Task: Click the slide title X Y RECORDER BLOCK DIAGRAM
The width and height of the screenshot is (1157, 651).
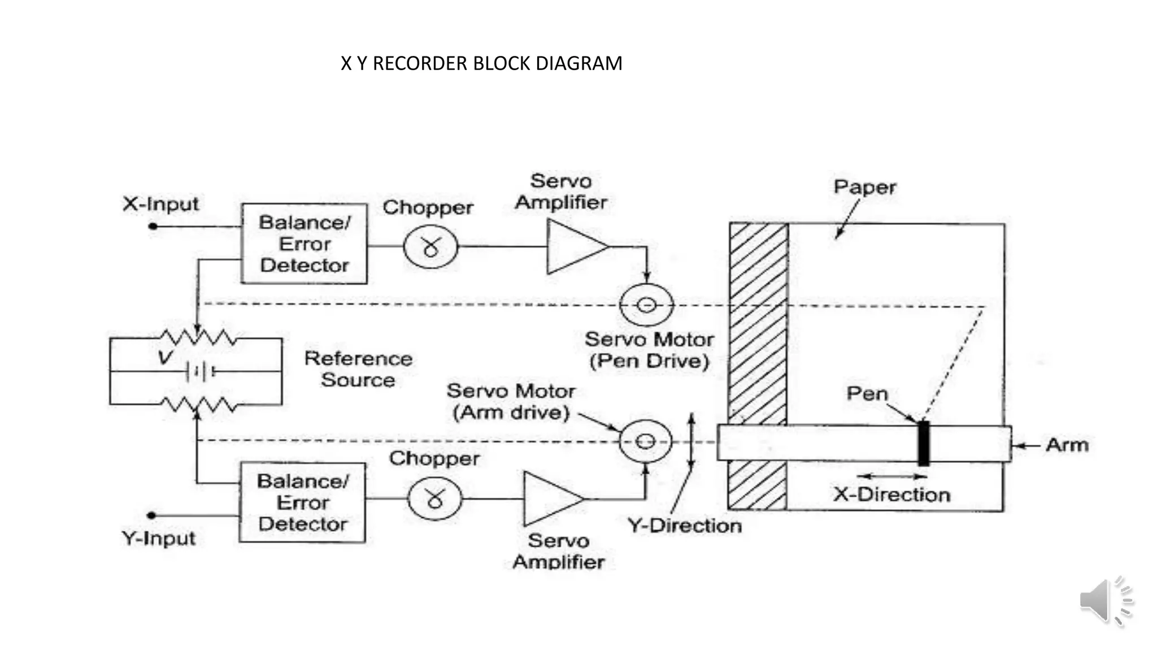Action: tap(481, 63)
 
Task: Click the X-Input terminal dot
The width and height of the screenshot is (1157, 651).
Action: tap(153, 226)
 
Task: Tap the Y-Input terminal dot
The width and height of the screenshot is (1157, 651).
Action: tap(151, 515)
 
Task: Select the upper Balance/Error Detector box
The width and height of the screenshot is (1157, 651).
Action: tap(304, 244)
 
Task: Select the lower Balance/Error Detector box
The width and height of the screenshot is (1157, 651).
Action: tap(302, 502)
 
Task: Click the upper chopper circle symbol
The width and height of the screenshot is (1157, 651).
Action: tap(430, 247)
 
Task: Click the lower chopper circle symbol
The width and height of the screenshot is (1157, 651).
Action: tap(434, 498)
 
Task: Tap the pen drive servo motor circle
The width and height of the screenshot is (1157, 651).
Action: tap(646, 305)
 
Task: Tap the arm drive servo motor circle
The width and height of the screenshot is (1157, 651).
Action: tap(645, 441)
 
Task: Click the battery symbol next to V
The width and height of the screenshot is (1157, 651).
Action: tap(199, 371)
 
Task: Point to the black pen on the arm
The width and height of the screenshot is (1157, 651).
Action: tap(923, 443)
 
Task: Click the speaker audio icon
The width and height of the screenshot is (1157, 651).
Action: tap(1104, 601)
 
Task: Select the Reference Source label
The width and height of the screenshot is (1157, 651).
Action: tap(358, 369)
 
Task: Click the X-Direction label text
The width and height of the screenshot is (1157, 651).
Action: tap(891, 494)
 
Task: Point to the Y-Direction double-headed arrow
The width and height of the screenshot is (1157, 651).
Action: tap(690, 441)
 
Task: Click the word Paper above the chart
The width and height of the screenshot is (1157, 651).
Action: tap(864, 187)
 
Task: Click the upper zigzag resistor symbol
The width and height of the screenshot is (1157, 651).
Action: tap(197, 338)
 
